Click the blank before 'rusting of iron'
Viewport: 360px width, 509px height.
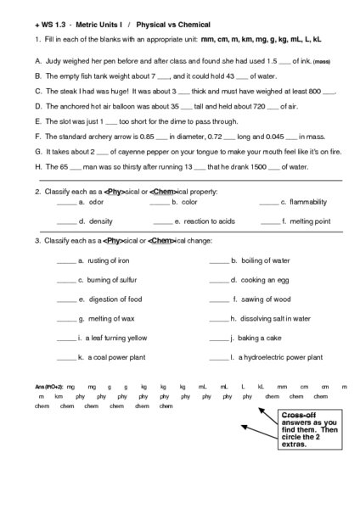click(66, 260)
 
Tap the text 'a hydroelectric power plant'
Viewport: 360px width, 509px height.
click(281, 358)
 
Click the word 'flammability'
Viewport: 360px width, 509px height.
click(307, 203)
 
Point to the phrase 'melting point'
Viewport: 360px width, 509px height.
click(310, 221)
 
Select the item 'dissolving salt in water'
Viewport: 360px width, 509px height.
click(275, 319)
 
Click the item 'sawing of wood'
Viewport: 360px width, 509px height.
click(266, 299)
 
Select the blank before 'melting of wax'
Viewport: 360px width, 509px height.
click(66, 319)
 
